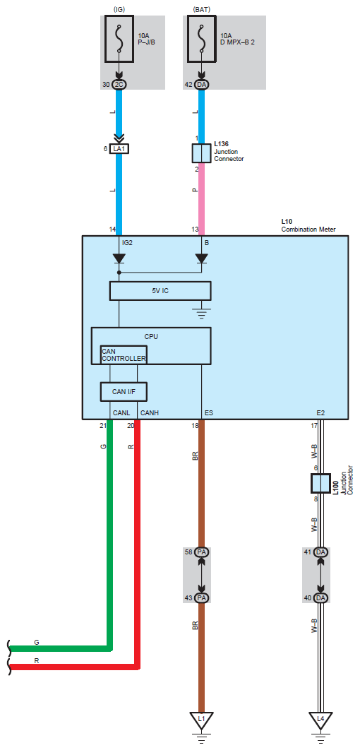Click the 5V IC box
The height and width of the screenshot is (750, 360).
[x=160, y=290]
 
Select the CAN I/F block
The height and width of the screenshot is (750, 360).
[x=124, y=391]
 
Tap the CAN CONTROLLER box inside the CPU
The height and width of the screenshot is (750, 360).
[x=124, y=355]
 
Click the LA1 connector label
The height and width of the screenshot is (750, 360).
[x=119, y=149]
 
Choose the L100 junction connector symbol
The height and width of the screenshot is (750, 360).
[x=320, y=484]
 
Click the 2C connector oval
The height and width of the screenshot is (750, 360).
[x=119, y=85]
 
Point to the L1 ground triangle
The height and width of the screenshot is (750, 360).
[x=201, y=720]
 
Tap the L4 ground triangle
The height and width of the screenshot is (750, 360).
[x=320, y=720]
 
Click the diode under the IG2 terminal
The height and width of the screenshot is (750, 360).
[x=119, y=258]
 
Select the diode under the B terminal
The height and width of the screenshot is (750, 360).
[x=201, y=258]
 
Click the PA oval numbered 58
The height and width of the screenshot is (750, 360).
[x=201, y=552]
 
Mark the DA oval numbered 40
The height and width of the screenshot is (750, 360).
[x=320, y=598]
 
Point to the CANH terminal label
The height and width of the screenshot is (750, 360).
[x=149, y=412]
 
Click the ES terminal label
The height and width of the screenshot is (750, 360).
[x=209, y=412]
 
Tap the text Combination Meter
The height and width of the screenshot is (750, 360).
[x=308, y=230]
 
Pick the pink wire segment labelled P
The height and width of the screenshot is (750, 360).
[x=201, y=199]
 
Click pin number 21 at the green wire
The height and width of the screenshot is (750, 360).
[x=102, y=424]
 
